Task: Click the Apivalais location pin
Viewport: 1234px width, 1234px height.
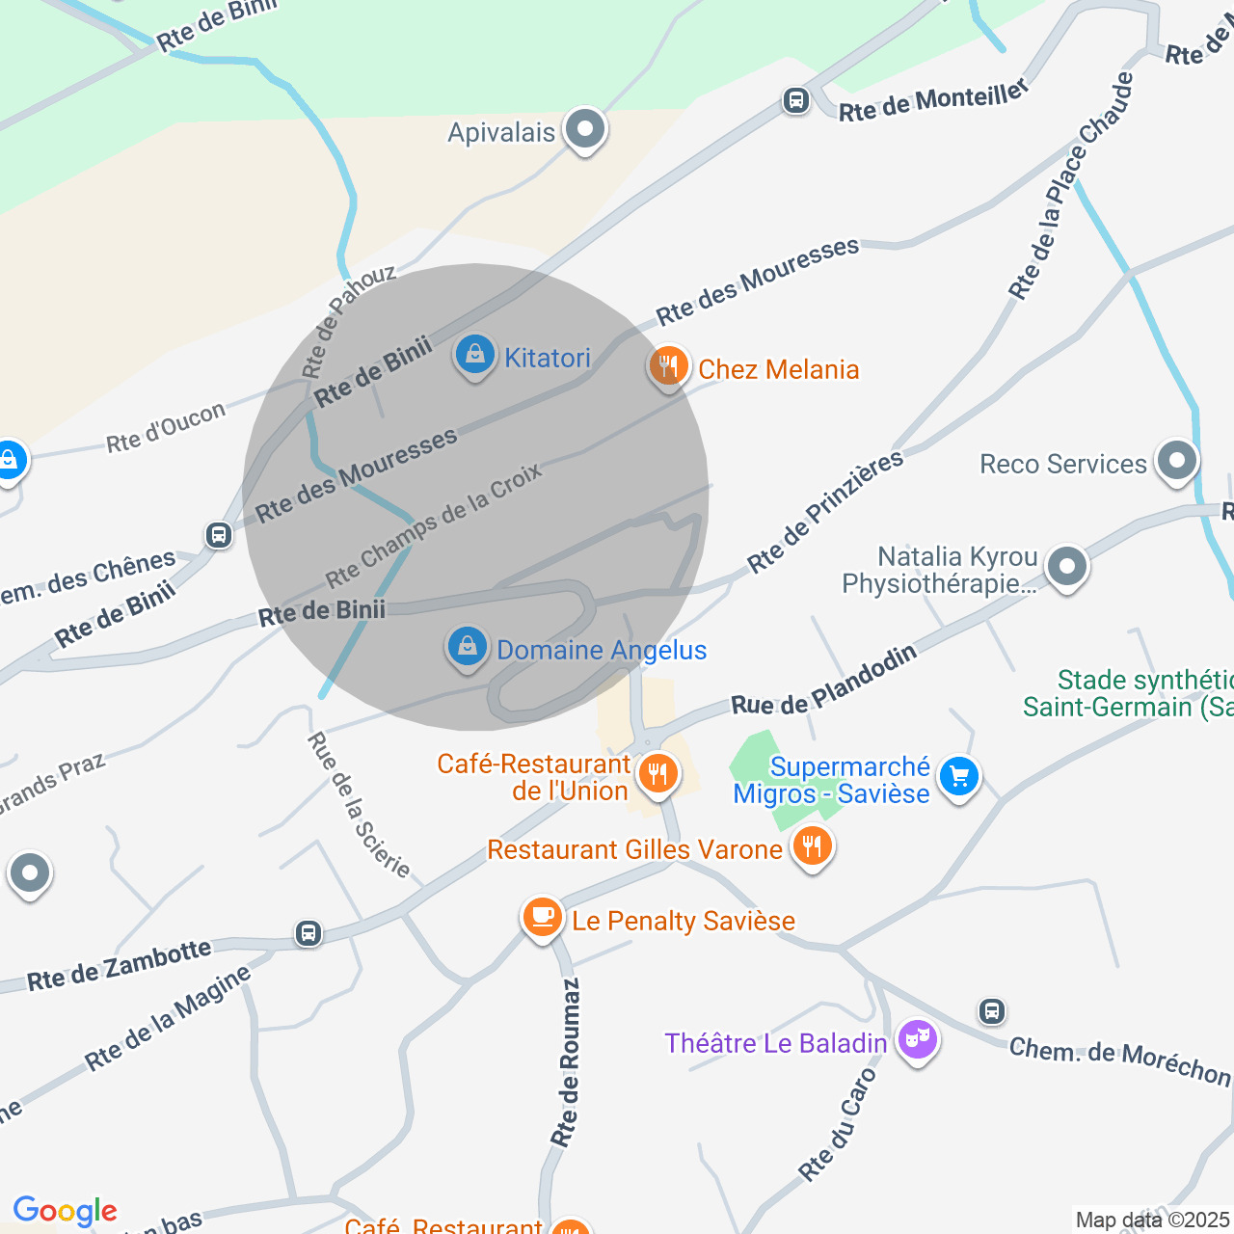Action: pyautogui.click(x=584, y=129)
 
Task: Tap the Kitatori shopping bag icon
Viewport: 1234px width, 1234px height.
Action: pyautogui.click(x=474, y=355)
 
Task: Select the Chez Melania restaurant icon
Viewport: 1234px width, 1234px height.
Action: pyautogui.click(x=668, y=366)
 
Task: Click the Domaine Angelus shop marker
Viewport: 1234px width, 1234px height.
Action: pyautogui.click(x=468, y=646)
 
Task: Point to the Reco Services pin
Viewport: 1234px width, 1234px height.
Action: pyautogui.click(x=1176, y=460)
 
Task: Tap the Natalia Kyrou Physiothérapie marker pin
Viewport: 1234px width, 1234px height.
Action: pyautogui.click(x=1066, y=566)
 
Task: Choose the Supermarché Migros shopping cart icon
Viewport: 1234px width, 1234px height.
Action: pyautogui.click(x=959, y=776)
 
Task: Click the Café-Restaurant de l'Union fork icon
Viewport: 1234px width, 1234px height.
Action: pyautogui.click(x=658, y=773)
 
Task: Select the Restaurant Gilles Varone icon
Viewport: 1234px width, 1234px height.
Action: pyautogui.click(x=813, y=846)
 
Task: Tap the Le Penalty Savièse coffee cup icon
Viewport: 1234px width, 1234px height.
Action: pyautogui.click(x=543, y=916)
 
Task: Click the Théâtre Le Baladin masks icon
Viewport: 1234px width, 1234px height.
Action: pyautogui.click(x=917, y=1039)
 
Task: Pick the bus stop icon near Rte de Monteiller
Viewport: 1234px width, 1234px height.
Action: pyautogui.click(x=795, y=100)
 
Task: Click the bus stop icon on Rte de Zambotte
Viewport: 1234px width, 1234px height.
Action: pyautogui.click(x=308, y=933)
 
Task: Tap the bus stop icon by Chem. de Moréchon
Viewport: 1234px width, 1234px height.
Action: pyautogui.click(x=992, y=1011)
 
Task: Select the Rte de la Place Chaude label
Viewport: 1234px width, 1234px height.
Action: pyautogui.click(x=1070, y=185)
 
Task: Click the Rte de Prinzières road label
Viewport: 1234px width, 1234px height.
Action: pyautogui.click(x=825, y=511)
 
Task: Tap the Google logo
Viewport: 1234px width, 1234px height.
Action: pyautogui.click(x=65, y=1211)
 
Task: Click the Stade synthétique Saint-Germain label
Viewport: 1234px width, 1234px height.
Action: pyautogui.click(x=1128, y=694)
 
